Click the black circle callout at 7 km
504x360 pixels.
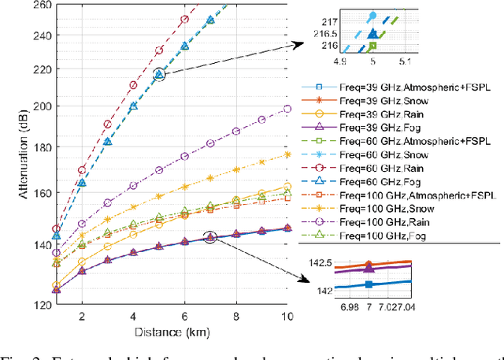(x=210, y=236)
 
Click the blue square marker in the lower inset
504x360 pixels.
(x=369, y=285)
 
